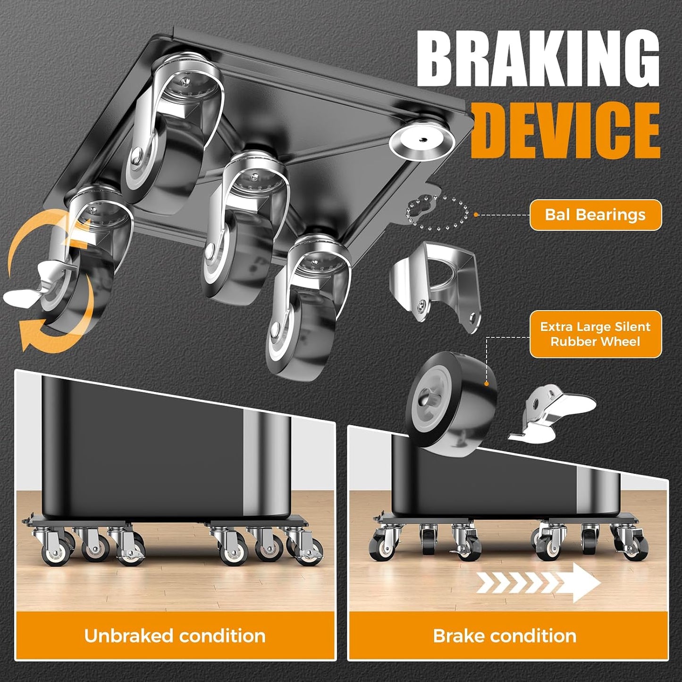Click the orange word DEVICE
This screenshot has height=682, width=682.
click(x=565, y=130)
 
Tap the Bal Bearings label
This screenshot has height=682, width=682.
click(x=595, y=215)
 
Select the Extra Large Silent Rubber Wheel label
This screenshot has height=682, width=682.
click(x=595, y=334)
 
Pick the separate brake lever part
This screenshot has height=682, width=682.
click(x=552, y=414)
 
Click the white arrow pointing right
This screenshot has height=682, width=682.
click(x=539, y=583)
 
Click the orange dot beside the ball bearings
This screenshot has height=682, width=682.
click(x=476, y=214)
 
